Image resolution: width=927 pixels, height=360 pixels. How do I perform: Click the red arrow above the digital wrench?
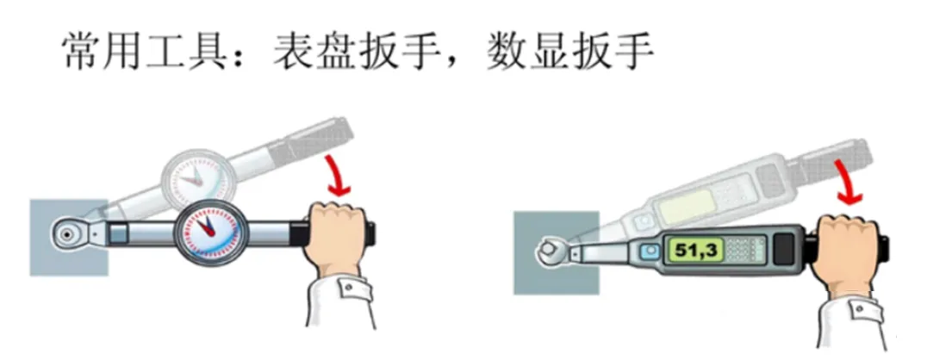(x=846, y=183)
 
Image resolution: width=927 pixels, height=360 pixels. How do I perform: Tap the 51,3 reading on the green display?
(x=696, y=250)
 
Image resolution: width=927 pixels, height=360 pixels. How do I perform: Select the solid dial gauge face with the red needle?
(x=207, y=233)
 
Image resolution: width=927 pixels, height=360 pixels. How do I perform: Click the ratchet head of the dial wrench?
(x=70, y=233)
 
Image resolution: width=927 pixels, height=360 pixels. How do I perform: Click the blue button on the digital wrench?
(x=651, y=251)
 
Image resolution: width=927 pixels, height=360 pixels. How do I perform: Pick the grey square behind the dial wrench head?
(x=69, y=237)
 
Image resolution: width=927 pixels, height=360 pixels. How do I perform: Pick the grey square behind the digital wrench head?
(x=556, y=252)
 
